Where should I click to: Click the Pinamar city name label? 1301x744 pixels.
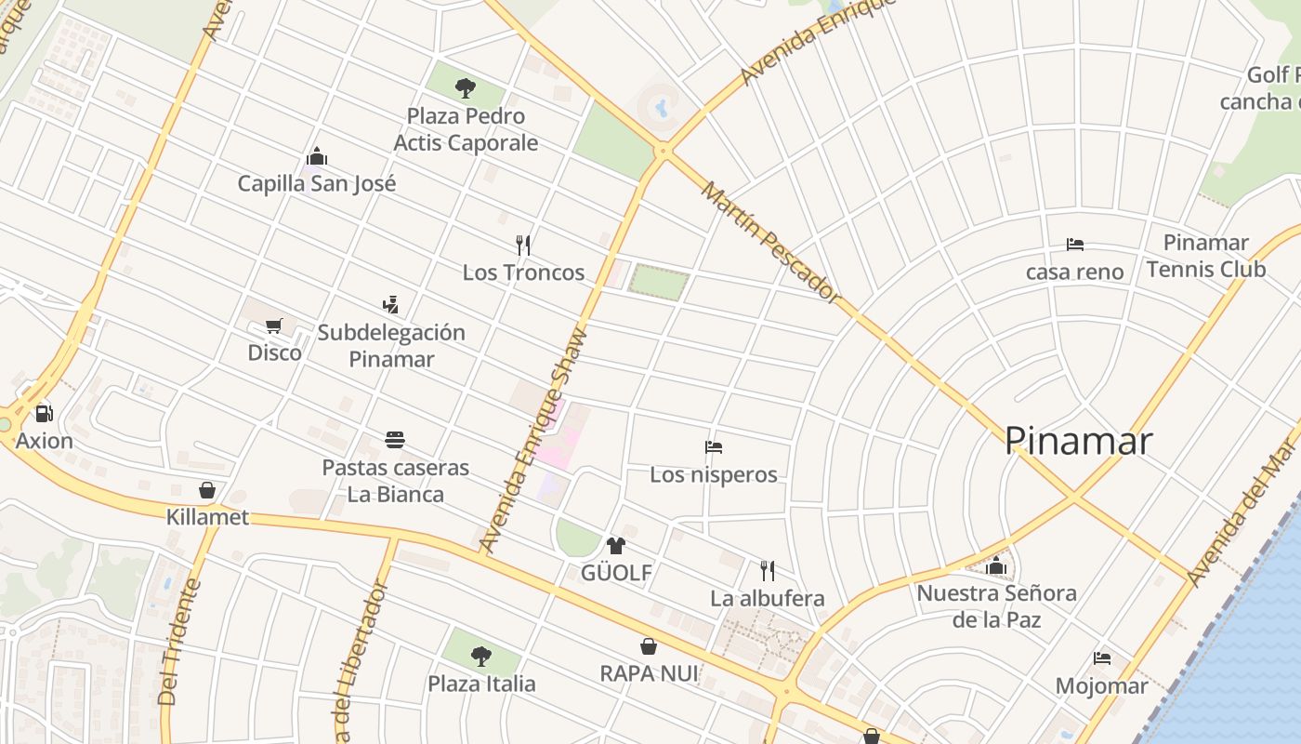point(1078,441)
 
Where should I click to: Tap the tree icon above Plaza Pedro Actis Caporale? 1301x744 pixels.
point(466,88)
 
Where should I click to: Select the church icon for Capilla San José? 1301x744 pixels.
point(317,156)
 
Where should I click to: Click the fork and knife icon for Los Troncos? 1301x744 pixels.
point(523,246)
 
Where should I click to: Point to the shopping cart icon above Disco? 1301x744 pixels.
point(274,326)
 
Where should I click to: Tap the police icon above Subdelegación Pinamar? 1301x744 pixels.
point(390,304)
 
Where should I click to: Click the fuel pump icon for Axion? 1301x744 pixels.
point(44,414)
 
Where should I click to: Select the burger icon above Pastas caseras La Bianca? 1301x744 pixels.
point(395,440)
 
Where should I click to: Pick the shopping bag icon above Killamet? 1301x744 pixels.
point(207,490)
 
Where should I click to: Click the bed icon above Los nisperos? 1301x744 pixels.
point(714,447)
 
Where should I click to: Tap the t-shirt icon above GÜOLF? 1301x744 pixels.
point(615,546)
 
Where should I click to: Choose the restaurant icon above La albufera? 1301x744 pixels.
point(768,571)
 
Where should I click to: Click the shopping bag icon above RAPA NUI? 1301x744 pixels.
point(649,646)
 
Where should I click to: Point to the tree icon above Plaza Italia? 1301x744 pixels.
point(480,657)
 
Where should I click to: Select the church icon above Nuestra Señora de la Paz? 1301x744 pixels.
point(996,565)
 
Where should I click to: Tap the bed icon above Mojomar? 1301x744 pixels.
point(1102,658)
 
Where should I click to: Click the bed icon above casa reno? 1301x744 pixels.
point(1075,245)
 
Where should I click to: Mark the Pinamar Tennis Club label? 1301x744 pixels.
point(1205,256)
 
